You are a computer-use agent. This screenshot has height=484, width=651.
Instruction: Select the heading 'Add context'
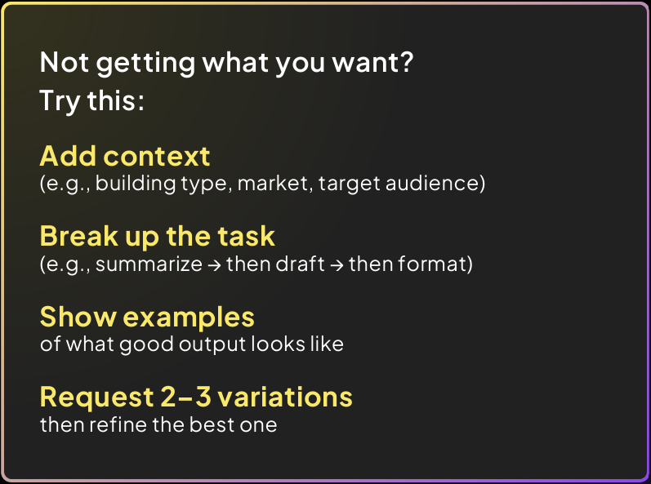pos(125,157)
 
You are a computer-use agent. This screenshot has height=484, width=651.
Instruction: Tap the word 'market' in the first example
pos(273,183)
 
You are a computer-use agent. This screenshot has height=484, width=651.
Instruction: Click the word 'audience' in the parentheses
pos(432,183)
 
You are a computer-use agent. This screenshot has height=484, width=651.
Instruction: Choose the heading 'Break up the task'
pos(158,237)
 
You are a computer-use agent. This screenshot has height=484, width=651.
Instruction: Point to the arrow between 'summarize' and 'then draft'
pos(214,264)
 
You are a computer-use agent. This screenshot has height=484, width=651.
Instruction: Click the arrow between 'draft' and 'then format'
pos(337,264)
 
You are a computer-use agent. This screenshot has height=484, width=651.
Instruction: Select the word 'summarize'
pos(149,264)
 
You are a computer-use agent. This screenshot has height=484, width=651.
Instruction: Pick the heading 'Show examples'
pos(147,317)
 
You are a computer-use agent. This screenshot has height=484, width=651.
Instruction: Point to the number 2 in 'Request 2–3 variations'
pos(168,397)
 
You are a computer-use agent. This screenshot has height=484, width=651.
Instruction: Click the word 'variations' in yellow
pos(285,397)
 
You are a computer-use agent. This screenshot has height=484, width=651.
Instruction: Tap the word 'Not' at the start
pos(65,62)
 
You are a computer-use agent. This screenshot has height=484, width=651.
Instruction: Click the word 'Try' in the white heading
pos(60,101)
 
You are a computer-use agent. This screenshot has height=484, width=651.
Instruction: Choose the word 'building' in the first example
pos(136,183)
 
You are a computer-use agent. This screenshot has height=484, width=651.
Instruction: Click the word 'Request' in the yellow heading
pos(96,397)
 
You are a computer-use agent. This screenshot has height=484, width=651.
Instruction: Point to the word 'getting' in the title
pos(145,64)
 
